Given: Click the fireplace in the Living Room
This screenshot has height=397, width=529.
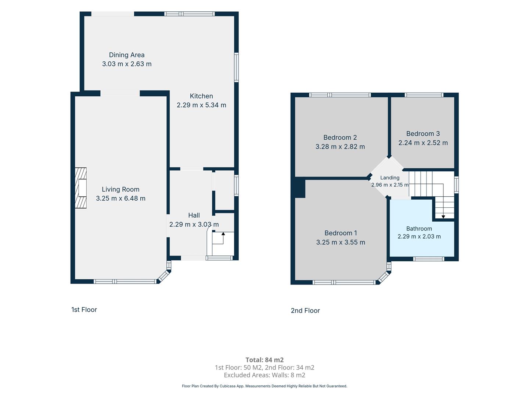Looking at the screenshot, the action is pos(80,188).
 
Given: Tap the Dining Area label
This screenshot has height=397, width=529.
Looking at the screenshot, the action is pos(127,55).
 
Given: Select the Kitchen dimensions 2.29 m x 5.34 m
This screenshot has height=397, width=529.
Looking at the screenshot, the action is pos(201,105).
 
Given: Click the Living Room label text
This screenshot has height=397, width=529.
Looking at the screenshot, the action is pos(120,189).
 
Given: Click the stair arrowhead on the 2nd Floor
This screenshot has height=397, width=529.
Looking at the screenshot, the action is pos(443,217).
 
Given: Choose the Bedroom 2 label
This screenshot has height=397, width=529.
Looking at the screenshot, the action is pos(340,137).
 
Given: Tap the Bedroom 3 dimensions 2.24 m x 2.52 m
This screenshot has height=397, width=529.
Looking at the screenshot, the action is pos(423,143).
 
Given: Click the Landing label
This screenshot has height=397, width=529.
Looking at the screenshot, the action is pos(390,178).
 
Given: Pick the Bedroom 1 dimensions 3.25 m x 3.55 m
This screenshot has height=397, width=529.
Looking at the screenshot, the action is pos(341,242).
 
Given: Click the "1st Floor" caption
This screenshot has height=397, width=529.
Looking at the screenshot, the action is pos(84,310).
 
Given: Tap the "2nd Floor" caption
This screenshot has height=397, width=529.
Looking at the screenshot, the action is pos(305,311).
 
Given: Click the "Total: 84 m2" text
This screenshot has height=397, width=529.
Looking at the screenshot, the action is pos(264,360).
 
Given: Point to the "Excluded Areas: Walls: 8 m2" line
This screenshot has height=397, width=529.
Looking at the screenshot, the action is pos(264,375).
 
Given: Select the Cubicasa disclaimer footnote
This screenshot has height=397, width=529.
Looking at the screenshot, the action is pos(264,386).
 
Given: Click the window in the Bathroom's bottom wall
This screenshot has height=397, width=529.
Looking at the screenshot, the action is pos(429,259).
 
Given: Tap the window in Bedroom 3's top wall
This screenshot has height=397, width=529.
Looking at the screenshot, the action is pos(424,95).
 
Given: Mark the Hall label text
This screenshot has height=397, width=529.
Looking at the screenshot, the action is pos(194,215).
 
